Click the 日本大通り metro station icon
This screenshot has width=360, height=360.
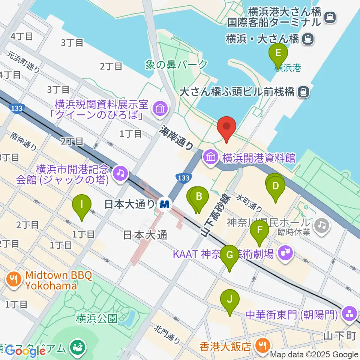164,204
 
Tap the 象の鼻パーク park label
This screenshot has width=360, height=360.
176,64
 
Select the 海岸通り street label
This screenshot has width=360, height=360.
177,138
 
